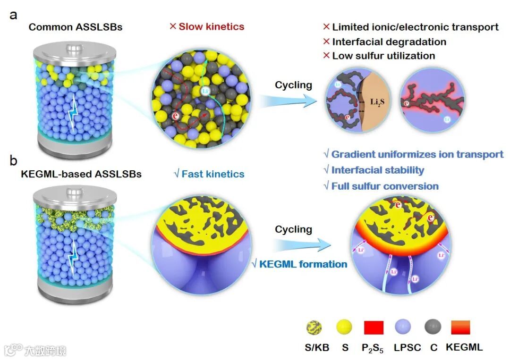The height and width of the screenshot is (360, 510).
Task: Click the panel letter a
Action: (14, 15)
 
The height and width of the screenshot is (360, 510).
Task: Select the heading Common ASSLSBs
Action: (76, 27)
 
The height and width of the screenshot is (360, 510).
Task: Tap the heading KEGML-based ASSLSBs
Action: (81, 174)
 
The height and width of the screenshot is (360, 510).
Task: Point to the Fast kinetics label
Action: (209, 174)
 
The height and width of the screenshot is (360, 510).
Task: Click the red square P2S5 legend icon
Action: (373, 327)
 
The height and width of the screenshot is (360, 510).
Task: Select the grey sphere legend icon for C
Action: (433, 327)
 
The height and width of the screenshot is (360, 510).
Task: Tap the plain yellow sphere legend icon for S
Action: (345, 327)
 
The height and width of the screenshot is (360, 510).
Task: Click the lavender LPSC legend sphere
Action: (403, 327)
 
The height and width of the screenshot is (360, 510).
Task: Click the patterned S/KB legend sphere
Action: (314, 327)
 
